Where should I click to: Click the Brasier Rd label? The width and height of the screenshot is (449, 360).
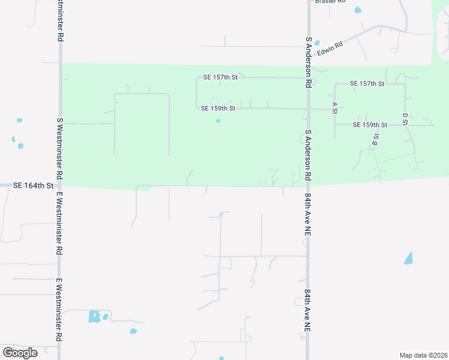tap(330, 2)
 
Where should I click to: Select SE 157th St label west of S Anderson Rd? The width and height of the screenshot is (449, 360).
tap(220, 77)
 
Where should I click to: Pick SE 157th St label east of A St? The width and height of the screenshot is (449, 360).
tap(367, 83)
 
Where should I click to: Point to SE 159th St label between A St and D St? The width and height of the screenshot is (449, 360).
tap(370, 125)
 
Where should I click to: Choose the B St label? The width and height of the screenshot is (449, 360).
tap(376, 140)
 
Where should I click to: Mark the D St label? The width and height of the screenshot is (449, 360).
tap(405, 118)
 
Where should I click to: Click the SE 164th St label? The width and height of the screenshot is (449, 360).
tap(34, 186)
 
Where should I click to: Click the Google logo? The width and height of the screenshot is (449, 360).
tap(20, 352)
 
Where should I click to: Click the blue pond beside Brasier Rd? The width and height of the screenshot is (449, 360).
tap(358, 10)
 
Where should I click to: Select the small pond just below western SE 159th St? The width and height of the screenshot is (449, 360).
tap(218, 121)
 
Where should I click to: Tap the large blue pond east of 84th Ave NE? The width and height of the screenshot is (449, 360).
tap(409, 259)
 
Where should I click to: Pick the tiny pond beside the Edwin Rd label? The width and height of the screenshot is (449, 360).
tap(317, 42)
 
